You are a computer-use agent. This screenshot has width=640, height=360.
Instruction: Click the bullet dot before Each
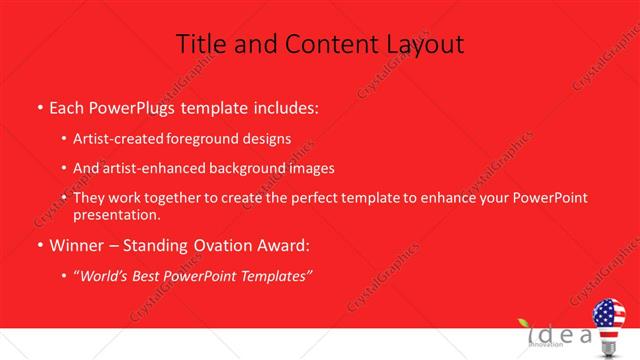point(39,106)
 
